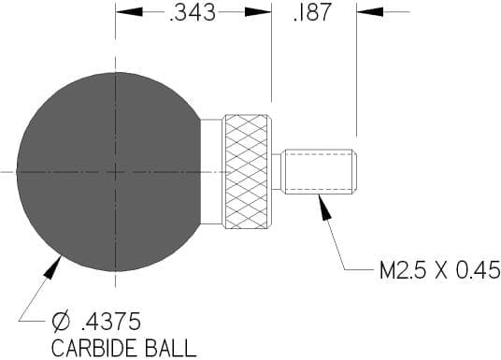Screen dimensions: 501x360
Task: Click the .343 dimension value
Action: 193,12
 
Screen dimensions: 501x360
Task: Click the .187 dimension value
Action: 311,12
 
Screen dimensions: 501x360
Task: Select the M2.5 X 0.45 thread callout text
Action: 439,270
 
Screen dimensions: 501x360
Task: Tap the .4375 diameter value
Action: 111,321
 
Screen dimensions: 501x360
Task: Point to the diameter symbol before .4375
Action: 61,321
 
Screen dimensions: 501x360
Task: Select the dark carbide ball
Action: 108,172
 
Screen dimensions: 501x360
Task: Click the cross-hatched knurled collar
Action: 247,172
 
